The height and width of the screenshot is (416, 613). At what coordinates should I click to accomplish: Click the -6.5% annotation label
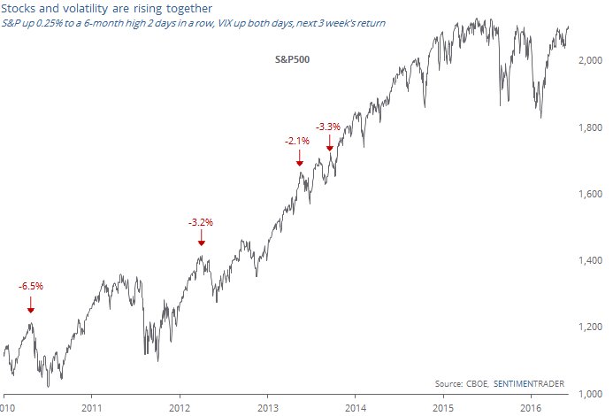pos(31,286)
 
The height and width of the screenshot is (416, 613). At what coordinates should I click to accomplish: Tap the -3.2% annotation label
pos(201,221)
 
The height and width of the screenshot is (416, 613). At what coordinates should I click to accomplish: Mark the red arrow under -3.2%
pos(201,239)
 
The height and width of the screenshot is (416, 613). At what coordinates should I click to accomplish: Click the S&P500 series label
pos(289,59)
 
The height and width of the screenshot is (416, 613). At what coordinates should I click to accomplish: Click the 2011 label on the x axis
pos(92,408)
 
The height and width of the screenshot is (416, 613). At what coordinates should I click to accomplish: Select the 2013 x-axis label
pos(267,408)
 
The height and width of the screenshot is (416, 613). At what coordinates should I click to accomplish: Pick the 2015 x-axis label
pos(442,408)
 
